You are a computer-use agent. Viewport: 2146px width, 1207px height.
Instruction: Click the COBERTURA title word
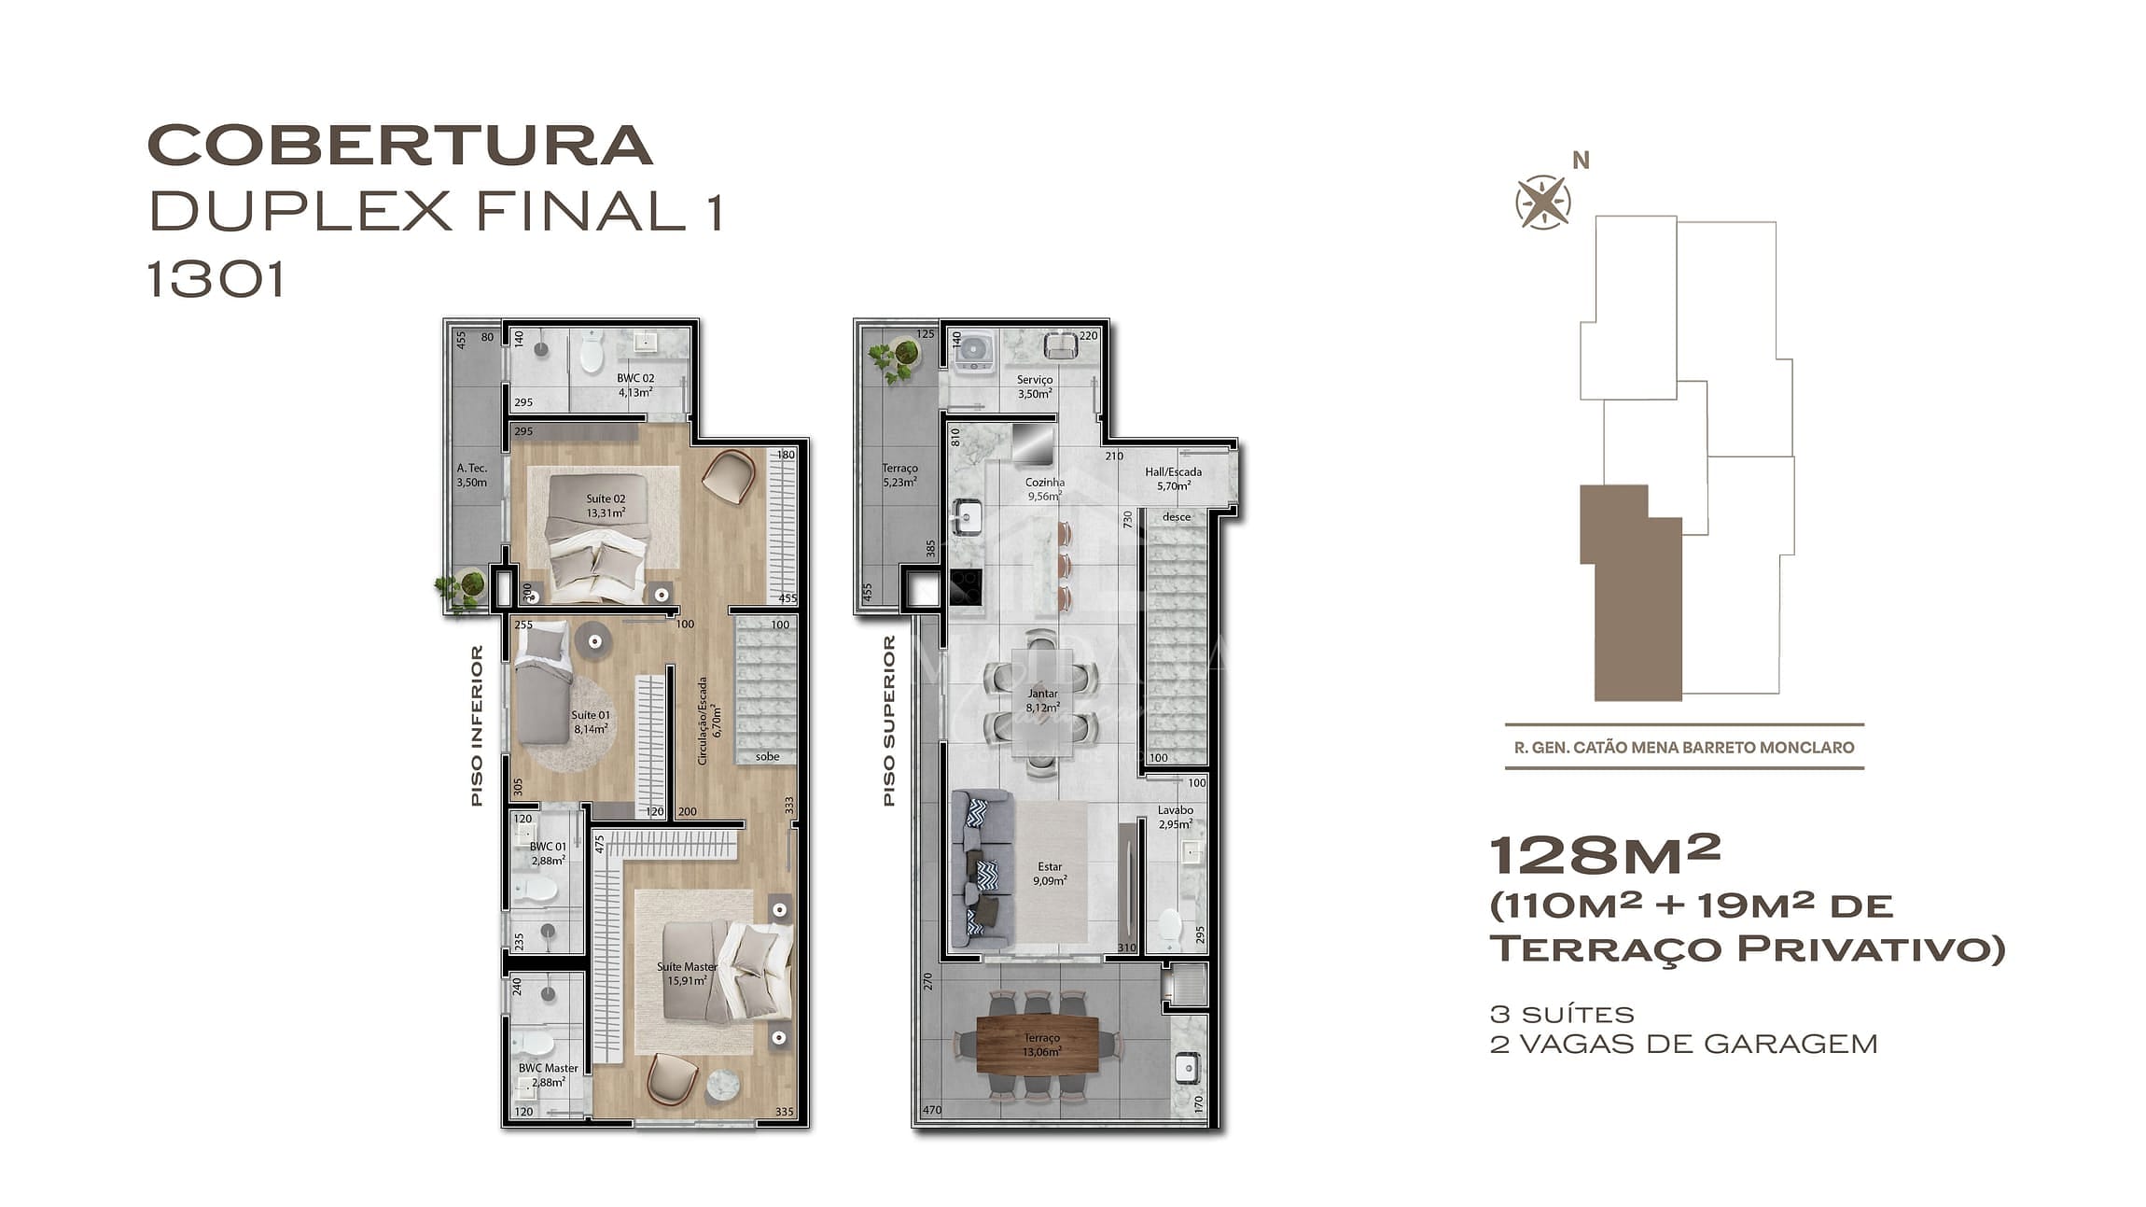[x=399, y=146]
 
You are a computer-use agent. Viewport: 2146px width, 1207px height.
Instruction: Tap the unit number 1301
[x=216, y=279]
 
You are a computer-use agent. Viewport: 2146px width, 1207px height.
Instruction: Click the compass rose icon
[x=1542, y=202]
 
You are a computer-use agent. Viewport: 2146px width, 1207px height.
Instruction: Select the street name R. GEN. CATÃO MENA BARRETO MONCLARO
[x=1684, y=748]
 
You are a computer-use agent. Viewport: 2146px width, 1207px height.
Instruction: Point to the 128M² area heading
[x=1605, y=855]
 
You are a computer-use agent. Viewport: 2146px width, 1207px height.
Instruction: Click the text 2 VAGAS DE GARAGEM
[x=1683, y=1044]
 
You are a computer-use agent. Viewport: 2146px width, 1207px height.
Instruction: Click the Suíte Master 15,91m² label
[x=687, y=974]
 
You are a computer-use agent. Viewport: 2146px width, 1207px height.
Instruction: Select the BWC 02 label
[x=635, y=385]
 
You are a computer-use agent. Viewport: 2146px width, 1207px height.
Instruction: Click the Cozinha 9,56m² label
[x=1044, y=489]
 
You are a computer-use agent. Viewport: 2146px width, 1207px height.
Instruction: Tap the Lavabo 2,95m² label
[x=1175, y=817]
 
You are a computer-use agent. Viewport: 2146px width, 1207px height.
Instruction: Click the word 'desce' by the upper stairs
[x=1176, y=516]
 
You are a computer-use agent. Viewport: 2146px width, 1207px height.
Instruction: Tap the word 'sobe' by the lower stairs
[x=767, y=756]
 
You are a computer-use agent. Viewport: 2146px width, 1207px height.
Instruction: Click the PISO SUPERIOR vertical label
[x=889, y=720]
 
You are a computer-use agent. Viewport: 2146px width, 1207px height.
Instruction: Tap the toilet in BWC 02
[x=592, y=354]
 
